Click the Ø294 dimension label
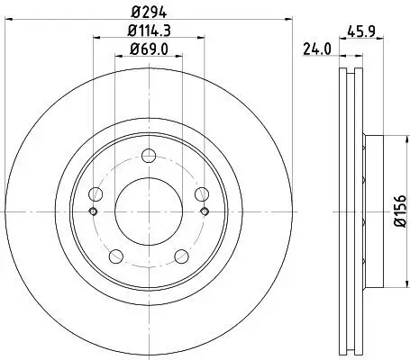tap(149, 12)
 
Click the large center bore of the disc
tap(149, 212)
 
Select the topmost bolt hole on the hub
tap(149, 162)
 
